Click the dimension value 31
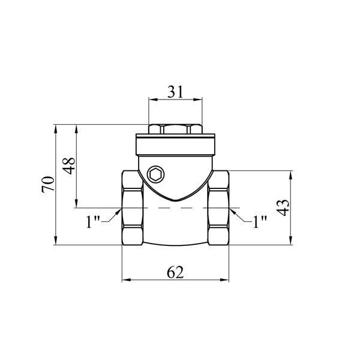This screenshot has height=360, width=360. [x=176, y=92]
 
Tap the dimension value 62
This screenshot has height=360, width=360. [x=175, y=272]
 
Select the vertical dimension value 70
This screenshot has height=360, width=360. [x=48, y=184]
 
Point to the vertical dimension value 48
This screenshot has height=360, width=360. [x=69, y=166]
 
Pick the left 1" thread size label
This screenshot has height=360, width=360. [x=93, y=221]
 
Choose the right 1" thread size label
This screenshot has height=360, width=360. [x=260, y=221]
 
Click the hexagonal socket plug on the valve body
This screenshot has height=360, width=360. [x=156, y=175]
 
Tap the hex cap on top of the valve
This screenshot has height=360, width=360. [x=175, y=129]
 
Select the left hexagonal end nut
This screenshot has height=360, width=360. [x=133, y=208]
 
